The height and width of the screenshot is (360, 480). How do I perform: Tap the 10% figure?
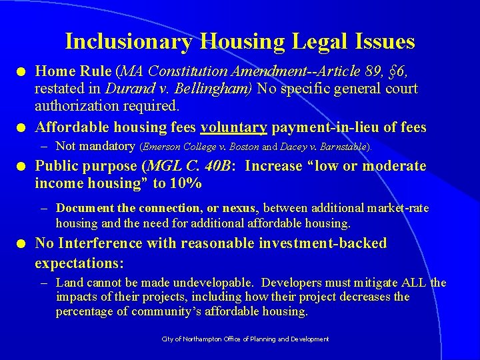(x=186, y=183)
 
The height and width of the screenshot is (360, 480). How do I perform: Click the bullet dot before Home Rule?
(x=24, y=71)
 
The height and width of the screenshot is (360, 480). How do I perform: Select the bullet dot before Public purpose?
(x=24, y=166)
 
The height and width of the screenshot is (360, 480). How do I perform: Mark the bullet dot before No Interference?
(x=24, y=244)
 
